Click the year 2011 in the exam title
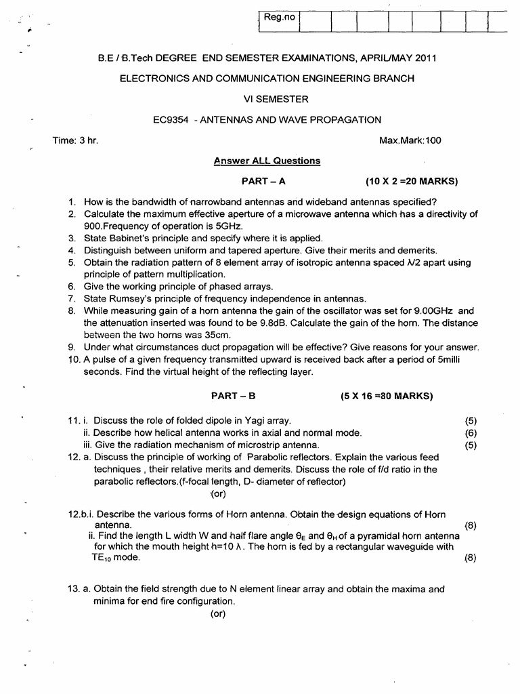(x=425, y=58)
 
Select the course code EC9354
(x=170, y=120)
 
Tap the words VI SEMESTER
(x=267, y=99)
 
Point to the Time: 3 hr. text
(x=75, y=140)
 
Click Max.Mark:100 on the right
(x=411, y=140)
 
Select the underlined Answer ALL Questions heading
(x=267, y=161)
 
